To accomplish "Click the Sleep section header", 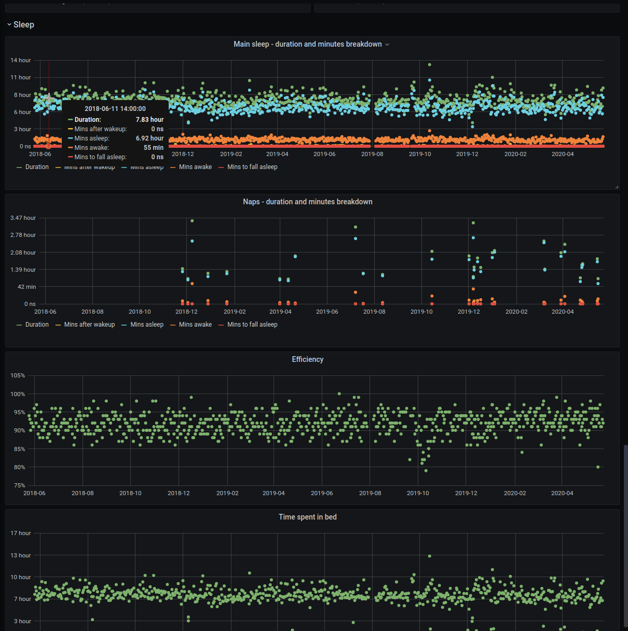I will (x=23, y=25).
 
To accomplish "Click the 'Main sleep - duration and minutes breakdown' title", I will (x=307, y=44).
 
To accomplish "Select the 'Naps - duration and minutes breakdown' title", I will (x=307, y=202).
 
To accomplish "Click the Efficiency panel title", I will (x=307, y=359).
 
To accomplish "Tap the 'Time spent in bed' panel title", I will (x=307, y=517).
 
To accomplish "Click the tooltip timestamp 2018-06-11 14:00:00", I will (x=115, y=109).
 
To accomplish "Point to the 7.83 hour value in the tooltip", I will (x=149, y=120).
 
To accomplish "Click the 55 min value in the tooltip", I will (x=154, y=148).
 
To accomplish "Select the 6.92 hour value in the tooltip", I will (x=149, y=138).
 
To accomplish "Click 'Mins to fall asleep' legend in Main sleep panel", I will (x=252, y=167).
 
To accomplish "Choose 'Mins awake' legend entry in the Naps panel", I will (x=195, y=325).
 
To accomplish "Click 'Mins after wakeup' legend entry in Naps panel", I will (x=89, y=325).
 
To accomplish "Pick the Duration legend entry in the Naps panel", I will (x=37, y=325).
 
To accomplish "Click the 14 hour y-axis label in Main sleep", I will (x=21, y=61).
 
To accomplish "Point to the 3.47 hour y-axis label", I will (x=23, y=218).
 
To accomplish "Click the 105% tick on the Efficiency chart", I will (x=18, y=375).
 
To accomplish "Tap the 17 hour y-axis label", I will (x=21, y=533).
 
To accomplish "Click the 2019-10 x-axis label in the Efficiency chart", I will (x=418, y=493).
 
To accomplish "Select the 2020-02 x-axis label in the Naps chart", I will (x=516, y=312).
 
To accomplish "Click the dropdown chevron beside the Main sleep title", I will (x=387, y=45).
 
